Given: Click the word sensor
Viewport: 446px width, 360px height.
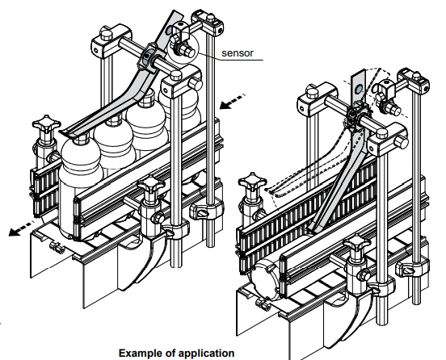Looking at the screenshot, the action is [238, 53].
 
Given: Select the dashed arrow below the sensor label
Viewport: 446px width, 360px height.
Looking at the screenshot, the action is [232, 102].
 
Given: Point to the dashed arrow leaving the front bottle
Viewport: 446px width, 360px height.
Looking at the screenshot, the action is [21, 228].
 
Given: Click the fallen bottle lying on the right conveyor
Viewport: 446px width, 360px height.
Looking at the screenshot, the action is [266, 280].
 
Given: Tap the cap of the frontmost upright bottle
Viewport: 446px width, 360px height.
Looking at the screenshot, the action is [81, 137].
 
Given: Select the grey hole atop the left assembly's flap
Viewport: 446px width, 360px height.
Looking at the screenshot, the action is [169, 29].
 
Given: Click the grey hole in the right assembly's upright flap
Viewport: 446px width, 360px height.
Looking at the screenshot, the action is [359, 90].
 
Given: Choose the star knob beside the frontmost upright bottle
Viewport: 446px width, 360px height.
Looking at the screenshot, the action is [46, 123].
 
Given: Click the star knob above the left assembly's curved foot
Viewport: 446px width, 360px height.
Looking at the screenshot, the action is [151, 184].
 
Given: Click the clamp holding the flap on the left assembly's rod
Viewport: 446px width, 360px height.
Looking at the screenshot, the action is [148, 57].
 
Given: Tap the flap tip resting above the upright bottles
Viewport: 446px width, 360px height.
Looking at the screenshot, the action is [69, 132].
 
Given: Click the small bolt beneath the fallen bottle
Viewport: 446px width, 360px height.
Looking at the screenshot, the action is [263, 304].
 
